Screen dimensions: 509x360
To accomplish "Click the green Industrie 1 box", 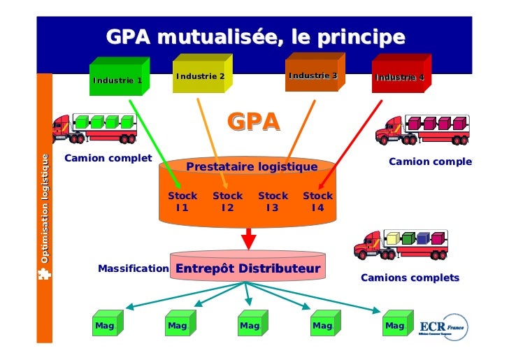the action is [x=117, y=80].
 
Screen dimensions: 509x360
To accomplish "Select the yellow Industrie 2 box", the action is [x=200, y=75].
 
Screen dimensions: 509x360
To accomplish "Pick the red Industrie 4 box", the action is [x=399, y=77].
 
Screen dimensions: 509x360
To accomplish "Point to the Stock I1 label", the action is [x=182, y=201].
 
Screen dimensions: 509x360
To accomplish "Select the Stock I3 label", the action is [x=273, y=201].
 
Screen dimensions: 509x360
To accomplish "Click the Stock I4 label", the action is [x=317, y=201].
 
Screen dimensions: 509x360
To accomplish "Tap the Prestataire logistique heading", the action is [x=251, y=167].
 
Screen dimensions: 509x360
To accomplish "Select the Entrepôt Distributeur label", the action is [x=248, y=269].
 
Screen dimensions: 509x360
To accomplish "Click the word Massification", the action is [x=134, y=268].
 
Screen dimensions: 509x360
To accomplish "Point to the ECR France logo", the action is [x=443, y=327].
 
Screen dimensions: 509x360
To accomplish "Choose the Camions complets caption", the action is [x=410, y=278].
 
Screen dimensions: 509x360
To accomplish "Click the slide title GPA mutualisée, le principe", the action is [x=255, y=36].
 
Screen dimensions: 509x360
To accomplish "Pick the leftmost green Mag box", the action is [x=107, y=324].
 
